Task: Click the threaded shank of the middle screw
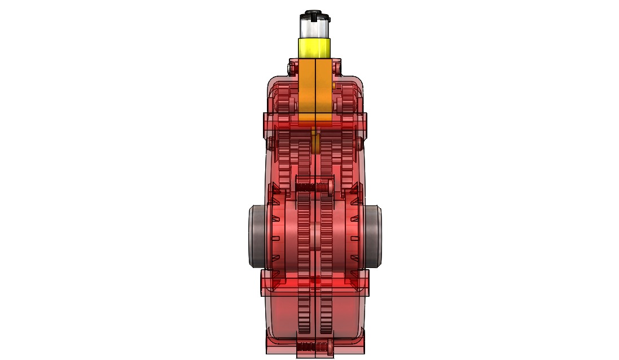tap(308, 186)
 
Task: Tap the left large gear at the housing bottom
tap(304, 316)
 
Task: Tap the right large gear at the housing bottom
tap(327, 316)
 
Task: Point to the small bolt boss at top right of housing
tap(337, 68)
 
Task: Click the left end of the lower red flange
tap(265, 282)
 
